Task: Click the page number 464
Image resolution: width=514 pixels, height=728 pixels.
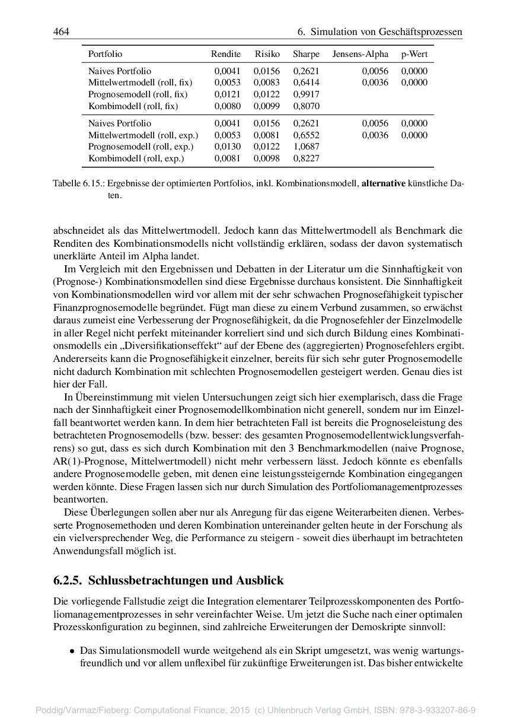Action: pyautogui.click(x=62, y=31)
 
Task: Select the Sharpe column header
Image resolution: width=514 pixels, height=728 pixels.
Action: pyautogui.click(x=306, y=54)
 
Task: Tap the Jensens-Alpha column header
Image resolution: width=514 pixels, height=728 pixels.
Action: pyautogui.click(x=360, y=54)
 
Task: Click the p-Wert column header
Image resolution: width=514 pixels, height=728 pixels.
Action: pyautogui.click(x=414, y=54)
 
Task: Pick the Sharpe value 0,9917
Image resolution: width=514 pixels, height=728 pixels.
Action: pyautogui.click(x=306, y=94)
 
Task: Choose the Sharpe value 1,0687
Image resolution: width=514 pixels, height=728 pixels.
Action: pyautogui.click(x=306, y=147)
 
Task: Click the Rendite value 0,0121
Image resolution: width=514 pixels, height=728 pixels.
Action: pyautogui.click(x=228, y=94)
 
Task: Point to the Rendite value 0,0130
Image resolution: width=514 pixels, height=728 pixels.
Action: pyautogui.click(x=228, y=147)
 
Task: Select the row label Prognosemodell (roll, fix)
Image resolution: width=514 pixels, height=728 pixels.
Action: pyautogui.click(x=138, y=94)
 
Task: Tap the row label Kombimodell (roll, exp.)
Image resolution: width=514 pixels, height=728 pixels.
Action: pyautogui.click(x=136, y=158)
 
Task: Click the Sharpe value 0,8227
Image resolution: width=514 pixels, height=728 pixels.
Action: pyautogui.click(x=306, y=158)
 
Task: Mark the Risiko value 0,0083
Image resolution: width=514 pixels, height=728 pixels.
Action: pyautogui.click(x=267, y=82)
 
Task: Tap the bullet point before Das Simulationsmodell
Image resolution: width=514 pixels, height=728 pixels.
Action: pyautogui.click(x=72, y=651)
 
